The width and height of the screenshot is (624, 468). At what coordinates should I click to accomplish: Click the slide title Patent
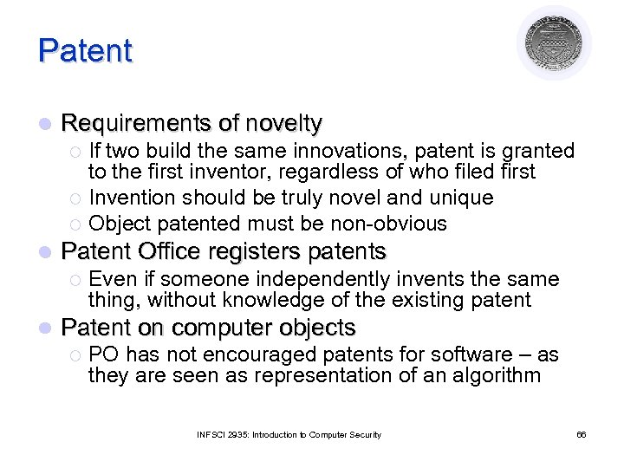click(85, 51)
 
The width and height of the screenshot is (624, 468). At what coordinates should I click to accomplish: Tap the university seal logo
click(554, 42)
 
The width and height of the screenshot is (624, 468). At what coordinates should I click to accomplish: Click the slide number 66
click(582, 435)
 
